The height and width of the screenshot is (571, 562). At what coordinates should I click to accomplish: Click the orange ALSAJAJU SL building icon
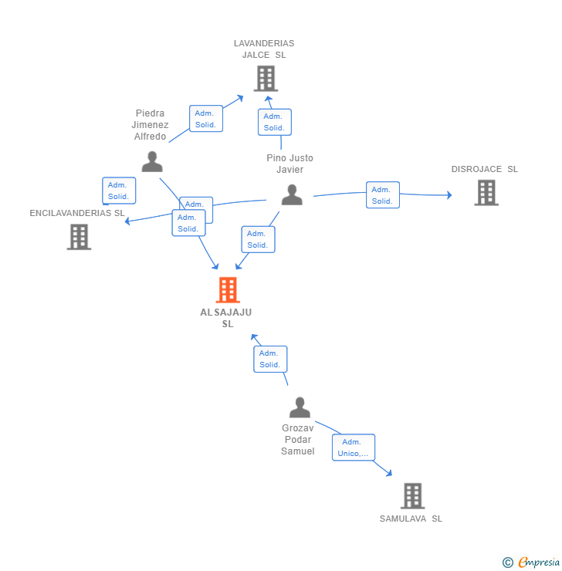(x=227, y=290)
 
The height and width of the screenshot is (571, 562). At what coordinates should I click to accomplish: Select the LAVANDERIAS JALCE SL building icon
(x=266, y=79)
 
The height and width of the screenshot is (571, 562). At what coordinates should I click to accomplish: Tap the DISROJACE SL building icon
(x=486, y=193)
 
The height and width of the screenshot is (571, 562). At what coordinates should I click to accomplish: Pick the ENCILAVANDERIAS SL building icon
(x=79, y=237)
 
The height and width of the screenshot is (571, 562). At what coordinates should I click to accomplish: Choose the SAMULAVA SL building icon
(x=412, y=495)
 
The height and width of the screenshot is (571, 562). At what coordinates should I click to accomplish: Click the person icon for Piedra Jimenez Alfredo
(x=152, y=161)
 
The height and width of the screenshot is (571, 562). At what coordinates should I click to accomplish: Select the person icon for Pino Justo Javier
(x=292, y=194)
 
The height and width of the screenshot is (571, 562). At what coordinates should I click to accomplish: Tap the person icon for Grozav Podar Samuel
(x=300, y=407)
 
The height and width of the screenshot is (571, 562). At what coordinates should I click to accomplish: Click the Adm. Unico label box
(x=354, y=448)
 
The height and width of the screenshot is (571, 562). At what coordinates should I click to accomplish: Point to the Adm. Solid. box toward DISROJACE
(x=382, y=195)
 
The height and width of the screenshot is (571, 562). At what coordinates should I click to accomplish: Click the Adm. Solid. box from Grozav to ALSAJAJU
(x=270, y=359)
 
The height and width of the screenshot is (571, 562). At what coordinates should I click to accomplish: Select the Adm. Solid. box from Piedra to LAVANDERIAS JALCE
(x=206, y=119)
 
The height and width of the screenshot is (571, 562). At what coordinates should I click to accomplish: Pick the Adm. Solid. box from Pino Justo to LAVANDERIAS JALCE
(x=274, y=122)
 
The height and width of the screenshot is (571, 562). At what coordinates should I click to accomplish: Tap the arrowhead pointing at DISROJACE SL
(x=449, y=195)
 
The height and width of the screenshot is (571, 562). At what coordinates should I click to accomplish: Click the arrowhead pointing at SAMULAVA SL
(x=389, y=473)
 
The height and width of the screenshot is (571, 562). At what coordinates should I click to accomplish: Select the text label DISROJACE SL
(x=485, y=169)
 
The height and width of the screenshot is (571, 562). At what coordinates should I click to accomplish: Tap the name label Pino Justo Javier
(x=290, y=164)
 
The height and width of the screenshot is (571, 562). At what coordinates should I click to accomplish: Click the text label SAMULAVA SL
(x=411, y=519)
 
